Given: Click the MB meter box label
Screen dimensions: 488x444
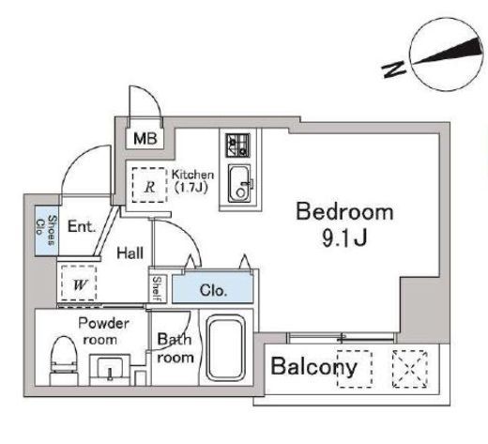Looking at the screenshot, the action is [145, 138].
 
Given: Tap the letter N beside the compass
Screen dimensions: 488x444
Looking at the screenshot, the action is [393, 69].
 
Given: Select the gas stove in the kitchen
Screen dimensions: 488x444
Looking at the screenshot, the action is [238, 145].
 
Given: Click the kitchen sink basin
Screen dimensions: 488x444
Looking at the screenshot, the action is [239, 184].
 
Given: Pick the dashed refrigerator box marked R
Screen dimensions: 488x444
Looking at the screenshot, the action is [149, 185].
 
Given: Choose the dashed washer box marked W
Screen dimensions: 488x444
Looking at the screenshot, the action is [79, 283].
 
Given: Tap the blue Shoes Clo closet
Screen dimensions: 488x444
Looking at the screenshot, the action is [46, 230].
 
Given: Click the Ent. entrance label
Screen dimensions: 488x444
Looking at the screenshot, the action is [82, 226].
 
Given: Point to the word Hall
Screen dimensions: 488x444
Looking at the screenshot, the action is [130, 253].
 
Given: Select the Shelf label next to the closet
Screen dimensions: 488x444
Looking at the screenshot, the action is [157, 289].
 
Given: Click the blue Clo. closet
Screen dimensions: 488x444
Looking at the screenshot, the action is [213, 287].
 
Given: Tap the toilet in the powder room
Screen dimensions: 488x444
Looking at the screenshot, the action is [64, 360].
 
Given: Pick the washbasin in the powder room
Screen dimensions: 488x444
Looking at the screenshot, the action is [110, 370].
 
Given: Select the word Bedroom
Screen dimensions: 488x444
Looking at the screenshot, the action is [344, 211].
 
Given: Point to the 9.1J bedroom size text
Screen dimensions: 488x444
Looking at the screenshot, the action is [344, 239].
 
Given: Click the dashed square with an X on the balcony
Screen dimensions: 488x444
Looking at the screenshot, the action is [409, 369].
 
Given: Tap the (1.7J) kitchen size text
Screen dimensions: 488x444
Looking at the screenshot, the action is [191, 188].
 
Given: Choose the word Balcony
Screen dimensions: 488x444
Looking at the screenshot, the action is [313, 366].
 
